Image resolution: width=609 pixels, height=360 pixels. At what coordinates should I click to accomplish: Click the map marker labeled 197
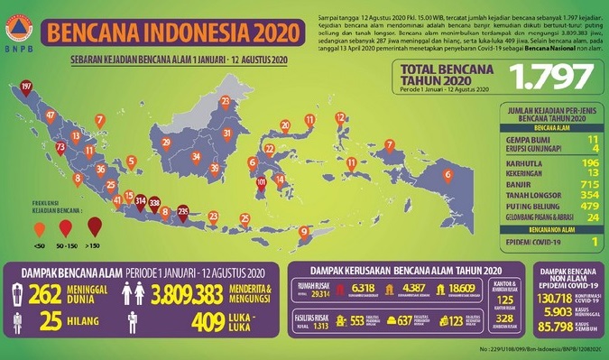click(26, 88)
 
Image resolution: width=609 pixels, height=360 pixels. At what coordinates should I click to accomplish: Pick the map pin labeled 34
click(197, 158)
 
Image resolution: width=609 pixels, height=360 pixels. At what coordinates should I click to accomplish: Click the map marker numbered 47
click(51, 116)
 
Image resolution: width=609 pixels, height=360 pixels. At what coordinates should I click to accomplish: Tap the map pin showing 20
click(285, 127)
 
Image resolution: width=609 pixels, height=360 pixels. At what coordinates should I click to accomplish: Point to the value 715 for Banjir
click(567, 183)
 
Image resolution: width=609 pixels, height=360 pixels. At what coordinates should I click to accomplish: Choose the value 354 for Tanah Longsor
click(567, 194)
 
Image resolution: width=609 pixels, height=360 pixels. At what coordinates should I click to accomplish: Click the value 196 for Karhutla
click(567, 162)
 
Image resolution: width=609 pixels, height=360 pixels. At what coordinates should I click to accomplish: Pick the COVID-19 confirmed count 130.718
click(550, 298)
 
